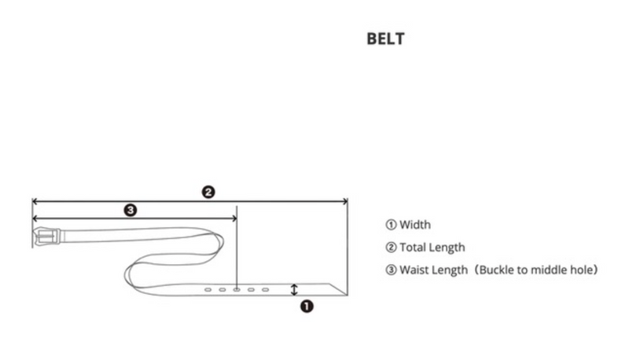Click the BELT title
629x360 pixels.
click(x=385, y=39)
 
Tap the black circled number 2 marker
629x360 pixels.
click(x=208, y=192)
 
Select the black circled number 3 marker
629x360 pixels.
click(x=131, y=210)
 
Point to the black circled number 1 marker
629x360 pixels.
click(x=307, y=307)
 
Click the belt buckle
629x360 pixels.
click(x=47, y=237)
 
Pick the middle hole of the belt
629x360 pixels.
click(x=237, y=289)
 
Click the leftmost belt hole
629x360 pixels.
click(x=208, y=289)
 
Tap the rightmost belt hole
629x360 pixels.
click(x=266, y=289)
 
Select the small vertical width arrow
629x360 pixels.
click(x=294, y=289)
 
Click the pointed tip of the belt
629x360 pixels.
click(x=347, y=295)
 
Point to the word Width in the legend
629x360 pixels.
click(x=415, y=225)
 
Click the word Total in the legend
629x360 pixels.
click(x=412, y=248)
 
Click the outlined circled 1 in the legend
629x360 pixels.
click(x=391, y=225)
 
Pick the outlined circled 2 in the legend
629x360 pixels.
click(x=391, y=248)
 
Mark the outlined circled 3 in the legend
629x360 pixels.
click(x=391, y=270)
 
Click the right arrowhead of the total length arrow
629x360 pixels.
click(x=345, y=201)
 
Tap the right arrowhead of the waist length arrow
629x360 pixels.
click(x=234, y=219)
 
